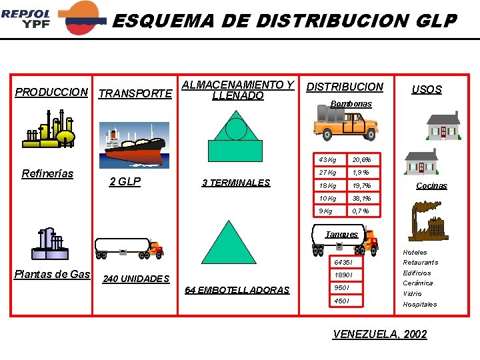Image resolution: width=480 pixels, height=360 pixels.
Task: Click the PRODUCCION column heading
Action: [51, 92]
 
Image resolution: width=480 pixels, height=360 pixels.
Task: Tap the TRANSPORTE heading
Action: [135, 94]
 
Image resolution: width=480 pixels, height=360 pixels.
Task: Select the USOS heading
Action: [427, 89]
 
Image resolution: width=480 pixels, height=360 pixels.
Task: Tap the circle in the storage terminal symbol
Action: [235, 129]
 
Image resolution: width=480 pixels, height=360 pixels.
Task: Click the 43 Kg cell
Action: [327, 159]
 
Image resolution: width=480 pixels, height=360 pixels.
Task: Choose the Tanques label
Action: [341, 234]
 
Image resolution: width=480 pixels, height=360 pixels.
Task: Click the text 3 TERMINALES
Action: [236, 183]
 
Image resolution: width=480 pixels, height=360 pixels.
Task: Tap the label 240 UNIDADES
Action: [136, 279]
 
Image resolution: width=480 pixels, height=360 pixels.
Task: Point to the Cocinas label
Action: [431, 186]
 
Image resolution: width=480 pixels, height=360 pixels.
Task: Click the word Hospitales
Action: [419, 304]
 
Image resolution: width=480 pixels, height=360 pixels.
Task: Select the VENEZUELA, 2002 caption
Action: [379, 334]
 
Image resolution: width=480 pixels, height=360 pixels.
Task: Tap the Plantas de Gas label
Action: [52, 275]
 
